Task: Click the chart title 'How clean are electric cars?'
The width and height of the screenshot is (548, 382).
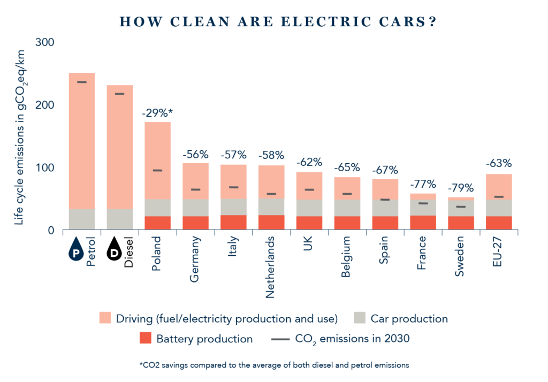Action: (276, 22)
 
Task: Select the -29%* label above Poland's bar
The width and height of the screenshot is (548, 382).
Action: (157, 113)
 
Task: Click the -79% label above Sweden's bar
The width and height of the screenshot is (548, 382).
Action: (461, 188)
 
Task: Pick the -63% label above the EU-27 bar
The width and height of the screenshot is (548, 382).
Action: (499, 163)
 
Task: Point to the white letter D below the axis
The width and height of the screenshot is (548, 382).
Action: (113, 253)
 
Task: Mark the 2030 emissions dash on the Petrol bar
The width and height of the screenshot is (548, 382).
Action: (82, 82)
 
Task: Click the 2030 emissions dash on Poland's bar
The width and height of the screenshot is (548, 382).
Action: (157, 170)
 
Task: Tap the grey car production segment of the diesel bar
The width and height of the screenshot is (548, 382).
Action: (119, 219)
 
